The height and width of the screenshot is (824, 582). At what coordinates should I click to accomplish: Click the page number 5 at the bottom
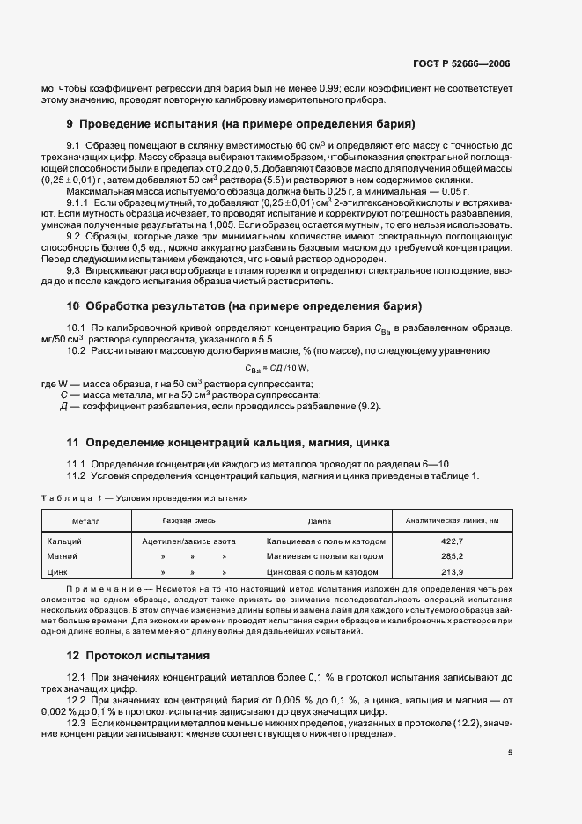tap(510, 753)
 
